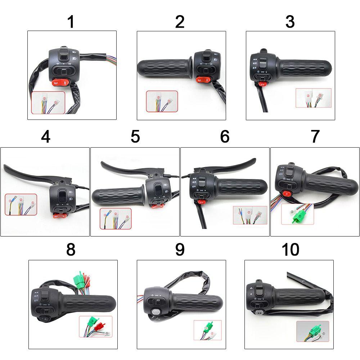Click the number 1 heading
point(71,22)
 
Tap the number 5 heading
point(135,137)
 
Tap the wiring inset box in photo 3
point(313,98)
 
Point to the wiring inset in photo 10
point(313,331)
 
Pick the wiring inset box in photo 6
point(250,215)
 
